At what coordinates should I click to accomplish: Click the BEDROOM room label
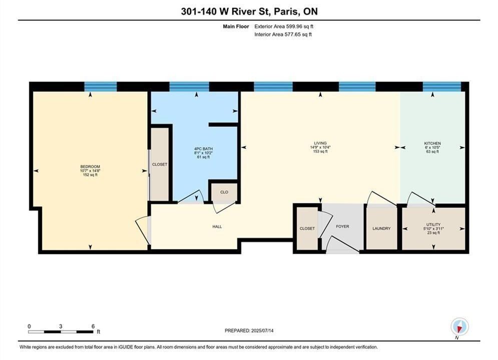[90, 166]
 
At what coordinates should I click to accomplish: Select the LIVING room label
[320, 143]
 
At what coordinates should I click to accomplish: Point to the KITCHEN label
[432, 143]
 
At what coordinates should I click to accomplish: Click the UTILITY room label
[433, 224]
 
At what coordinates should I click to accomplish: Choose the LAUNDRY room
[381, 228]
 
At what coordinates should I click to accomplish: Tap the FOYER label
[342, 226]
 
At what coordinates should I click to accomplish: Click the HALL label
[217, 227]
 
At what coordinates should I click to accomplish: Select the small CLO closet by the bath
[224, 192]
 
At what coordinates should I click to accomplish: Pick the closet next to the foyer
[307, 228]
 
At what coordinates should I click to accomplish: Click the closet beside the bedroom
[160, 164]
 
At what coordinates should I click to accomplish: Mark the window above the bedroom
[101, 86]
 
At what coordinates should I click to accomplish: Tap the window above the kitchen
[442, 86]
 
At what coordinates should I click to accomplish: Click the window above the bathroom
[189, 86]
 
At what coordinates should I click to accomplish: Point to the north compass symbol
[459, 326]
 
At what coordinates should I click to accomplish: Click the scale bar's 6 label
[93, 326]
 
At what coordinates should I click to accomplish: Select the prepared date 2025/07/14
[262, 330]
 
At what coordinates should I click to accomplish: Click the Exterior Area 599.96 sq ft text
[284, 26]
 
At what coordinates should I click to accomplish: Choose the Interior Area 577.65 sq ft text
[283, 34]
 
